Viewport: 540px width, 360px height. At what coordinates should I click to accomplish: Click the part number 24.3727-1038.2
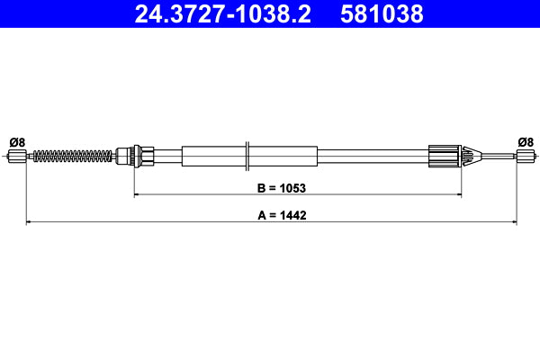point(222,14)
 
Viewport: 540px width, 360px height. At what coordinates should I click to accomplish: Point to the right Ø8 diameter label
point(526,141)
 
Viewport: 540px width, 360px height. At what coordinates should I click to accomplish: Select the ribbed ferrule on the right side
point(445,157)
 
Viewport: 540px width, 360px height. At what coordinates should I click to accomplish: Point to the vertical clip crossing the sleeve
point(247,155)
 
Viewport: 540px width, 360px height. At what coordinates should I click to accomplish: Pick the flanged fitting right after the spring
point(135,157)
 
